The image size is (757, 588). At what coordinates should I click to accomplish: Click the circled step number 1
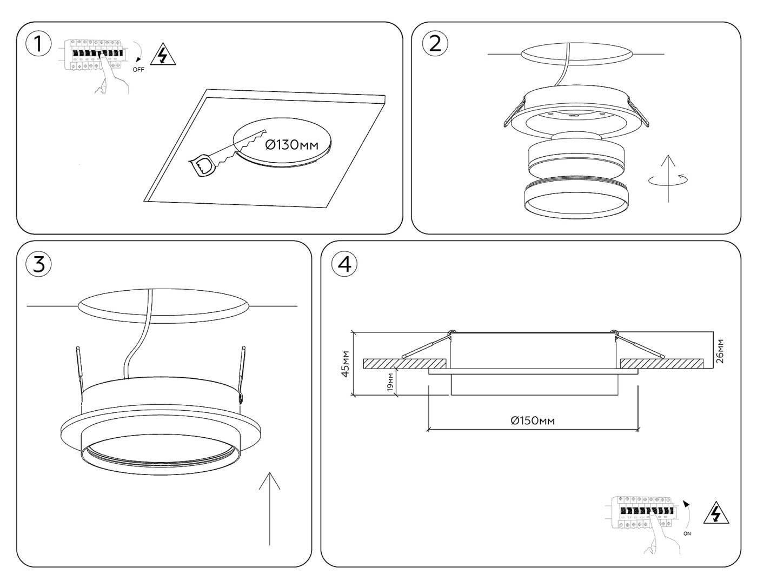point(38,44)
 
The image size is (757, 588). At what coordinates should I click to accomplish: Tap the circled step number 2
point(435,43)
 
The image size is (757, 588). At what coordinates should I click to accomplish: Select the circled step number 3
point(38,264)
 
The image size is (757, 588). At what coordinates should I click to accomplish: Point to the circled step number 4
point(344,264)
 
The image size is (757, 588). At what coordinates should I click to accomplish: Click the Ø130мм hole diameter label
point(292,144)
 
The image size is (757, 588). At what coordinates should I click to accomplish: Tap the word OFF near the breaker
point(138,70)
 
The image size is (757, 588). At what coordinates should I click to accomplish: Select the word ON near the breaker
point(687,533)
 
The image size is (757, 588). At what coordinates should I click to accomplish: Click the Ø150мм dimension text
point(533,420)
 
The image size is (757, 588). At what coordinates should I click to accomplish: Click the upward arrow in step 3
point(269,508)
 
